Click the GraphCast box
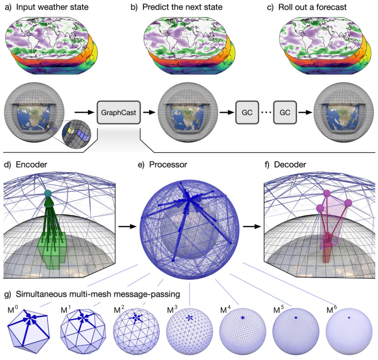point(118,114)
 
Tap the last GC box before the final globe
point(285,114)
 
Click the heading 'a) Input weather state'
point(47,8)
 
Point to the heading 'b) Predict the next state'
point(188,8)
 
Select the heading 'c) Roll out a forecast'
point(321,8)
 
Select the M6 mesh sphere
point(349,329)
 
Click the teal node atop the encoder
point(49,193)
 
